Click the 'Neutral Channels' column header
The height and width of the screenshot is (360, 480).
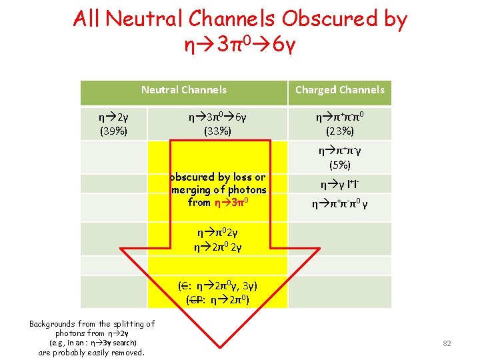coord(183,89)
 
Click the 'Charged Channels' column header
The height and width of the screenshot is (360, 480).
coord(340,89)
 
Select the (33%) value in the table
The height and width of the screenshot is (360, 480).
coord(218,131)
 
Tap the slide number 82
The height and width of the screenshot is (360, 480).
coord(447,343)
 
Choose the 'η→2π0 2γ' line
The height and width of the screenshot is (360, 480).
coord(217,247)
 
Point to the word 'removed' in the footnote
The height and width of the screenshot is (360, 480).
coord(126,352)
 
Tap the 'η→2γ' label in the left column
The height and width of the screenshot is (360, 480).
coord(114,117)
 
